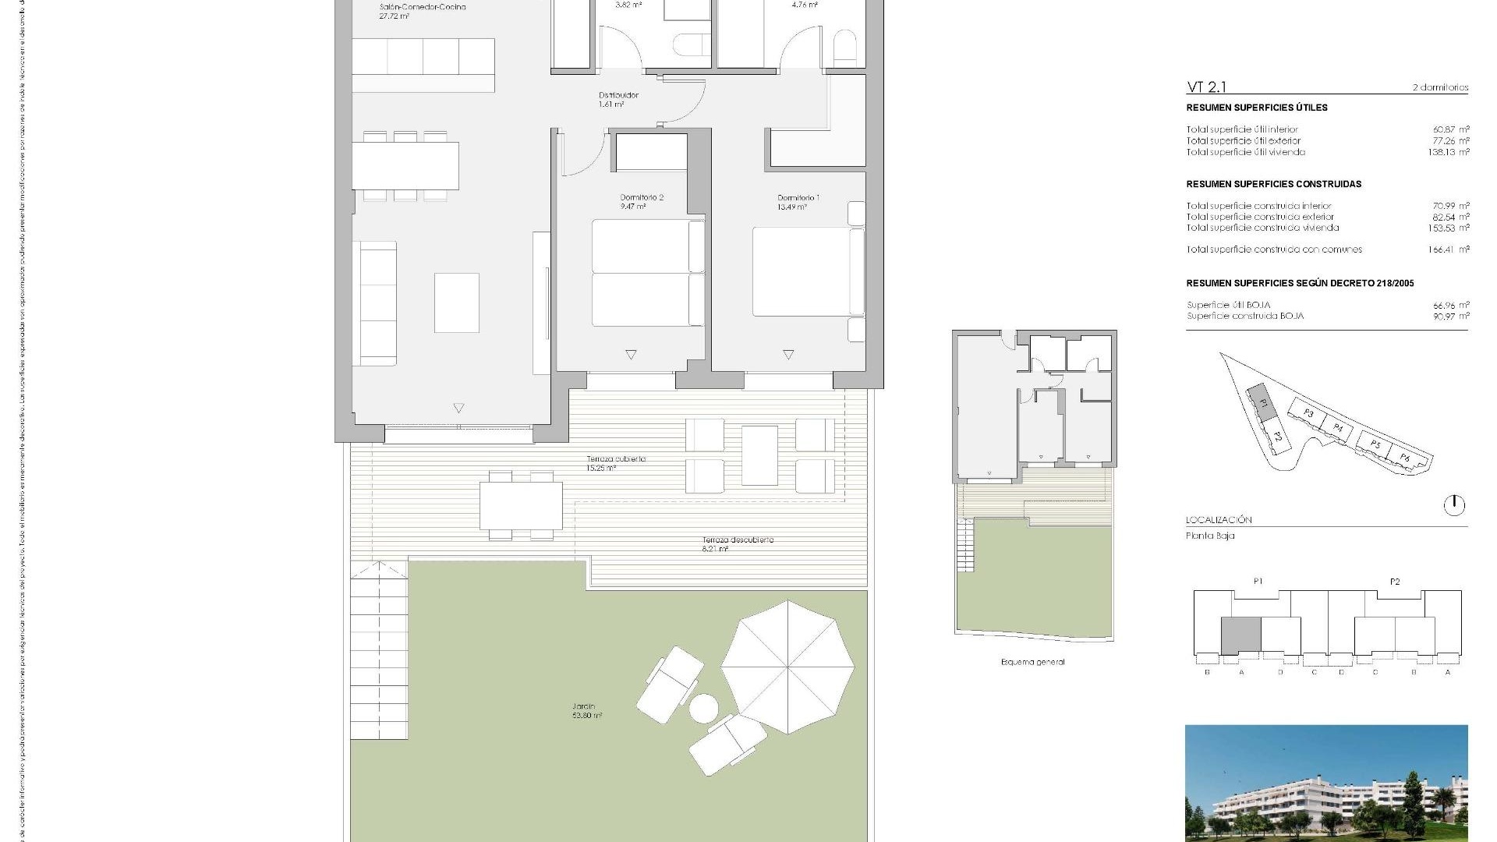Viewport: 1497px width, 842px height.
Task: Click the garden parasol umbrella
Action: pos(787,667)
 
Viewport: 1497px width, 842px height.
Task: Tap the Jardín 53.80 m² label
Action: pos(586,711)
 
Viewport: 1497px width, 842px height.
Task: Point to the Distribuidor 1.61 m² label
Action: pos(618,99)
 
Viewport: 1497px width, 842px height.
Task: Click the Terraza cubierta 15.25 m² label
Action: pos(616,463)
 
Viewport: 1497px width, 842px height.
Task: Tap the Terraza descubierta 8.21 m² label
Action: pos(737,543)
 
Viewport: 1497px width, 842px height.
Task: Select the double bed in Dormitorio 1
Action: pos(807,271)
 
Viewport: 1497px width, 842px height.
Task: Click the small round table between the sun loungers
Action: pos(703,709)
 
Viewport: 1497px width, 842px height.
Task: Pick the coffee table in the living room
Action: pos(457,302)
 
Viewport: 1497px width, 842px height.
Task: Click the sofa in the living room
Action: pos(375,303)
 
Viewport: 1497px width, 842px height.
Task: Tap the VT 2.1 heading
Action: pos(1206,87)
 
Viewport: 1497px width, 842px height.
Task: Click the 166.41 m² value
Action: pos(1450,249)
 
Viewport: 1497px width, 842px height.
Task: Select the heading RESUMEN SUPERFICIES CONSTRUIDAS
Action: pos(1273,184)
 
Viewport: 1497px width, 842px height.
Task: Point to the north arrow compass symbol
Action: pos(1453,505)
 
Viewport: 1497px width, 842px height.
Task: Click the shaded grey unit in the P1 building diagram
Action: pos(1240,635)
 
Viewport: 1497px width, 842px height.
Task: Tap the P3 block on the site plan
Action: pos(1309,413)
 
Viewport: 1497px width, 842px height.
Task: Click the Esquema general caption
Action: pos(1032,662)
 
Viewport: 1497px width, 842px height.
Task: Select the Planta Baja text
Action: pos(1210,536)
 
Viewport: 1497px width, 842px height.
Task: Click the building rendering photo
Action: pos(1325,784)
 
